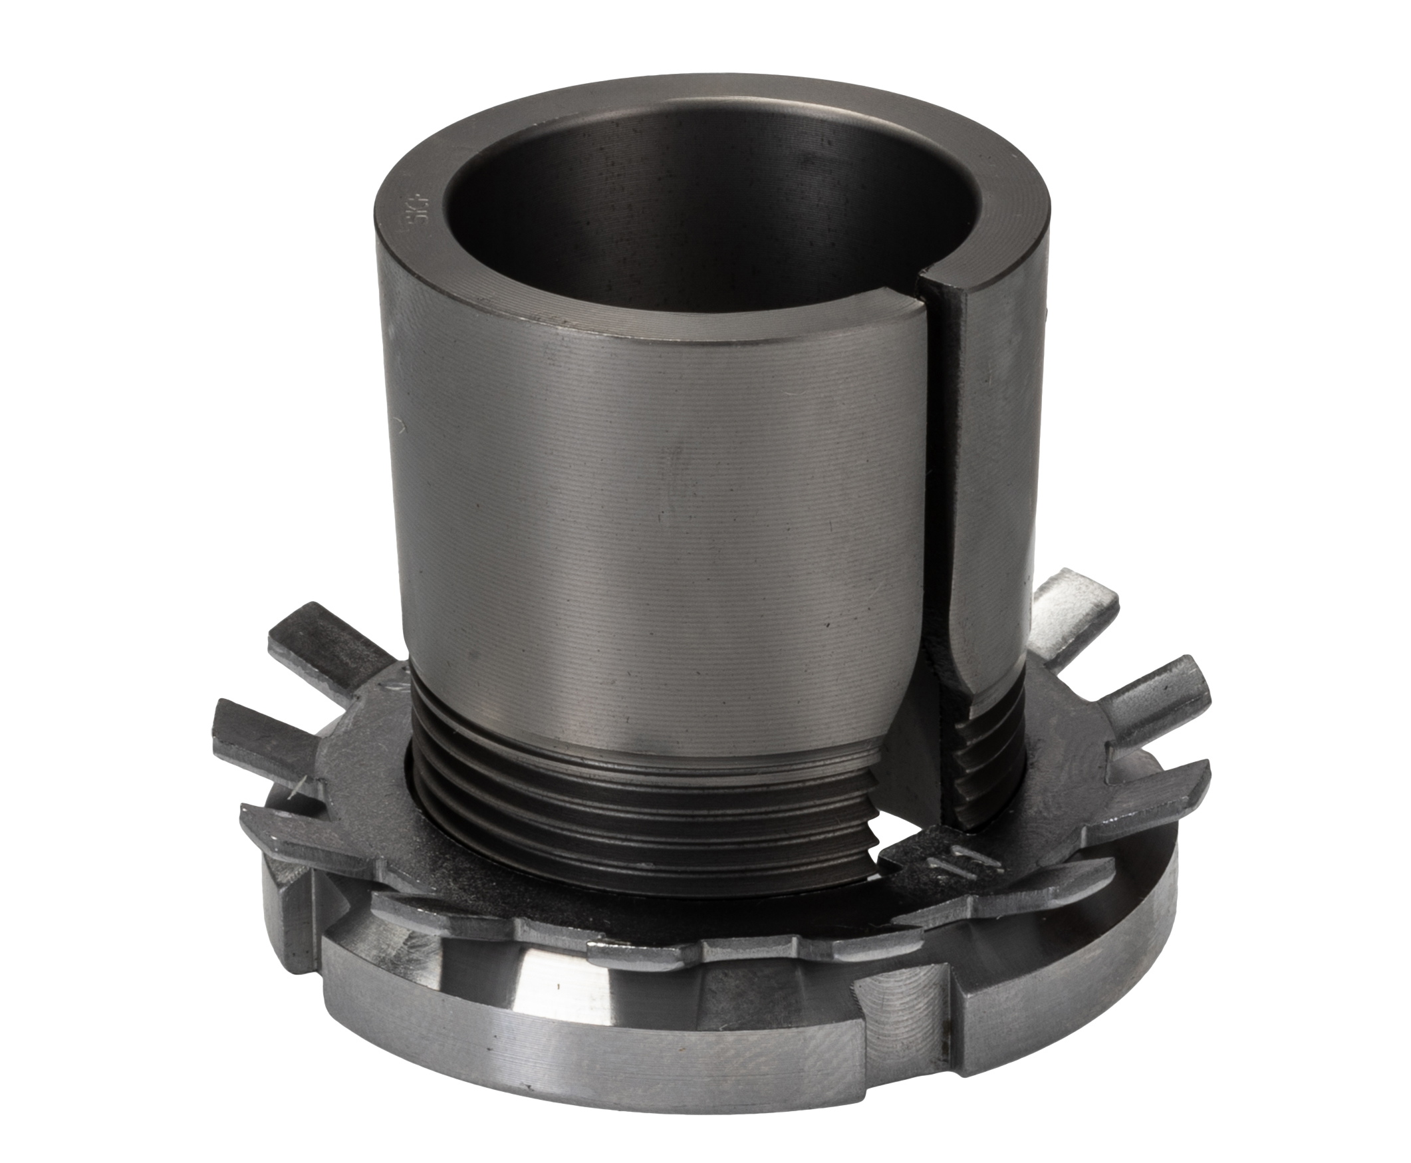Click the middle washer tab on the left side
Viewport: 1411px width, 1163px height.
point(268,723)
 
